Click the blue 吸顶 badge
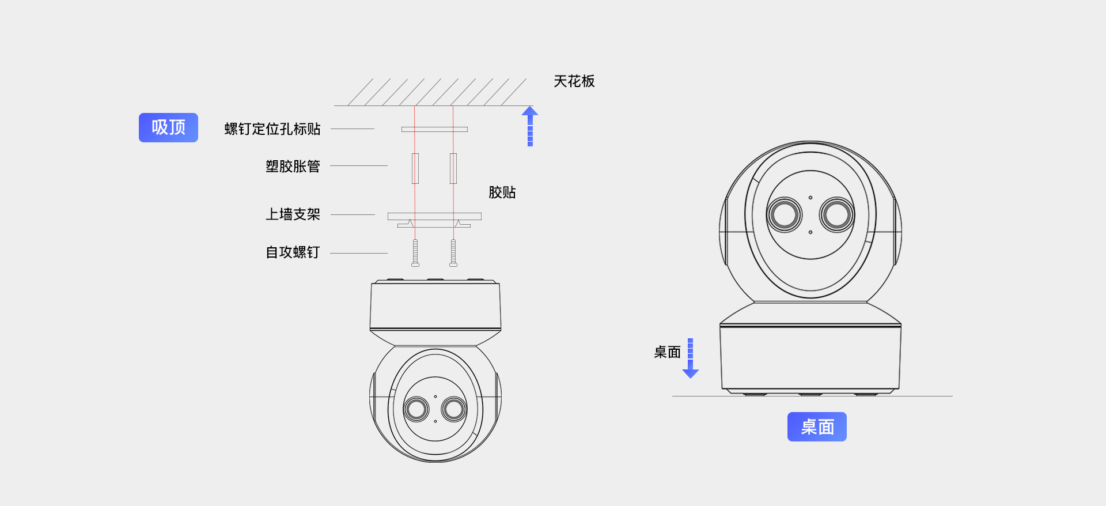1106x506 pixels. tap(168, 127)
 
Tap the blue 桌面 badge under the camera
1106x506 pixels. tap(817, 427)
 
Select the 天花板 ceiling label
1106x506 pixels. tap(574, 81)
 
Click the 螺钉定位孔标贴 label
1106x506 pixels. tap(272, 129)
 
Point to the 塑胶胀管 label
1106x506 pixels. tap(293, 167)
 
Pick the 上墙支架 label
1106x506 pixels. tap(293, 214)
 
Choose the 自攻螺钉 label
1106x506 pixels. tap(293, 252)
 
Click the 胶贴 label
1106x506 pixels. tap(502, 192)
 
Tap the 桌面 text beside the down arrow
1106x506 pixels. tap(667, 352)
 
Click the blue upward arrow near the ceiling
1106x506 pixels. tap(530, 126)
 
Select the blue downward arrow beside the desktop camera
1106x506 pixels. tap(690, 358)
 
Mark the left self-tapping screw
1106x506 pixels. tap(415, 253)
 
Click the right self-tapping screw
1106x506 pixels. tap(453, 253)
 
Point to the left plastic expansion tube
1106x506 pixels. tap(415, 168)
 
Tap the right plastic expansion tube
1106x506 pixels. tap(453, 168)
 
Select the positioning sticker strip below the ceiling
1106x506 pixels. tap(434, 130)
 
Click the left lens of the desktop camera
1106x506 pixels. tap(784, 215)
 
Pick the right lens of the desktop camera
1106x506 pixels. tap(836, 215)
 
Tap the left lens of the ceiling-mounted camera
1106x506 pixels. tap(416, 409)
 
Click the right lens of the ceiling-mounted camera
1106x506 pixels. tap(454, 409)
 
